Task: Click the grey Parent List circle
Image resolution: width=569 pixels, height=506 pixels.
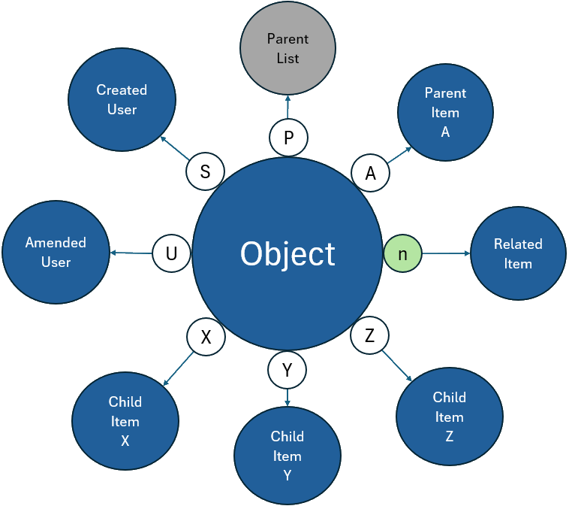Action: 288,49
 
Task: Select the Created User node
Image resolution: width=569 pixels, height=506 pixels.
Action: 122,100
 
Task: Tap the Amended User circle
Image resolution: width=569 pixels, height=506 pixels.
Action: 56,252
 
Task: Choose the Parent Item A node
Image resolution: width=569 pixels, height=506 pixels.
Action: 445,112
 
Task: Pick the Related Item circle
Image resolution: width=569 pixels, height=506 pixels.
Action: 518,254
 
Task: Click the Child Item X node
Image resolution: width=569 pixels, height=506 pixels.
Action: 125,421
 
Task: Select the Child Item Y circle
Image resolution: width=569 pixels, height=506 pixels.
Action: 288,456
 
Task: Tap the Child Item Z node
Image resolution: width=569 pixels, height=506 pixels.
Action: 449,417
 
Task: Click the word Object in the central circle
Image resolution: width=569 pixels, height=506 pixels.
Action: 288,254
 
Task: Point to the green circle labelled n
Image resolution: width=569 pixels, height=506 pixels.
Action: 402,254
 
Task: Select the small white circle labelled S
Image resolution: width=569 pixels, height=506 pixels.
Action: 206,171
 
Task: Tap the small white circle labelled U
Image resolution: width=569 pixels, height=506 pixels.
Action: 171,254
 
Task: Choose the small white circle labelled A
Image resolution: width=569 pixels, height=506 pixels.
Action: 371,173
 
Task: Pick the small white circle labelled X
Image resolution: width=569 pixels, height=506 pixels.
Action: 206,338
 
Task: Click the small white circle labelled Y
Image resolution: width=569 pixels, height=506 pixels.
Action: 287,369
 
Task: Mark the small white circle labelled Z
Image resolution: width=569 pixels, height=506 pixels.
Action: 369,336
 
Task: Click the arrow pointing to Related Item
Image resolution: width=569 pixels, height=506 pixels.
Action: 446,254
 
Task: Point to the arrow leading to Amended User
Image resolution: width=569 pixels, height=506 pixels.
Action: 131,253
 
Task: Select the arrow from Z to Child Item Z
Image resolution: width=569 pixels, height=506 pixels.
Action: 399,365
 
